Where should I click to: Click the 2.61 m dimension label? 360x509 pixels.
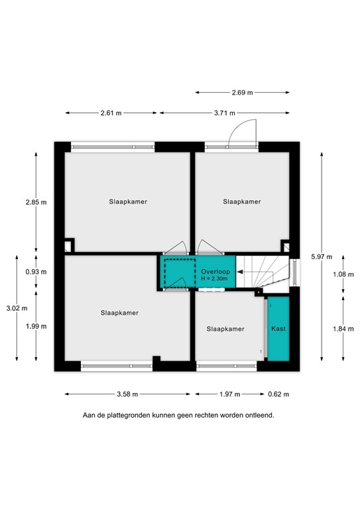tap(111, 113)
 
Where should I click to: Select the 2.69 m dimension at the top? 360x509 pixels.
tap(241, 93)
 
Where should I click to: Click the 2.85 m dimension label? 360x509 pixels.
tap(36, 202)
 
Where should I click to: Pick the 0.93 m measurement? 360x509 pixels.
tap(36, 272)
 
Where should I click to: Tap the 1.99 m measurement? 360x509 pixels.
tap(36, 325)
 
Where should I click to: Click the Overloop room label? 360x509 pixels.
tap(215, 271)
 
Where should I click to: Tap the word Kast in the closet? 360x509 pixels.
tap(278, 328)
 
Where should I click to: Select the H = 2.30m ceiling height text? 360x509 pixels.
tap(215, 278)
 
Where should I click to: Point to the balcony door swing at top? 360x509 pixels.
tap(239, 133)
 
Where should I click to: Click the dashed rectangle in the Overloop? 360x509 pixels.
tap(177, 272)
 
